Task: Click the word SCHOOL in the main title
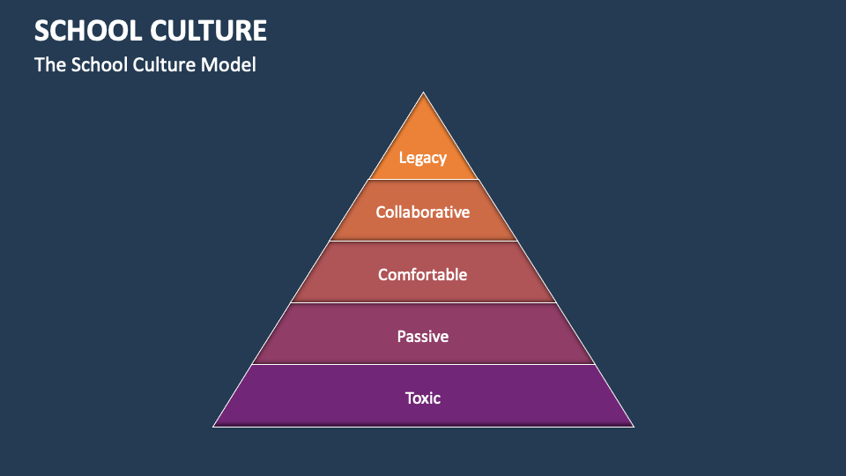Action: (x=86, y=31)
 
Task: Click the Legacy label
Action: (x=423, y=158)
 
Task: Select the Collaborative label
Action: (x=423, y=212)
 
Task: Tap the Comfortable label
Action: (x=423, y=274)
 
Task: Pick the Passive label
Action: (x=423, y=336)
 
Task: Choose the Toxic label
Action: (x=423, y=398)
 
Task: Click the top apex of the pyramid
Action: (x=423, y=93)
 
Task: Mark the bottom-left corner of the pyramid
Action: (x=214, y=426)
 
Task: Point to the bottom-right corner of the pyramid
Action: (x=633, y=426)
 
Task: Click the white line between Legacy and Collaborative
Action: (x=423, y=180)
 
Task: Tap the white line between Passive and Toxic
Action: (x=423, y=364)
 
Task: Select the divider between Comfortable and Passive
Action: (x=423, y=303)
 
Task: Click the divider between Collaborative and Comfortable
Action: (x=423, y=242)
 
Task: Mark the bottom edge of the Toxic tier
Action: (x=423, y=427)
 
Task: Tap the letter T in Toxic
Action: (x=410, y=398)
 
